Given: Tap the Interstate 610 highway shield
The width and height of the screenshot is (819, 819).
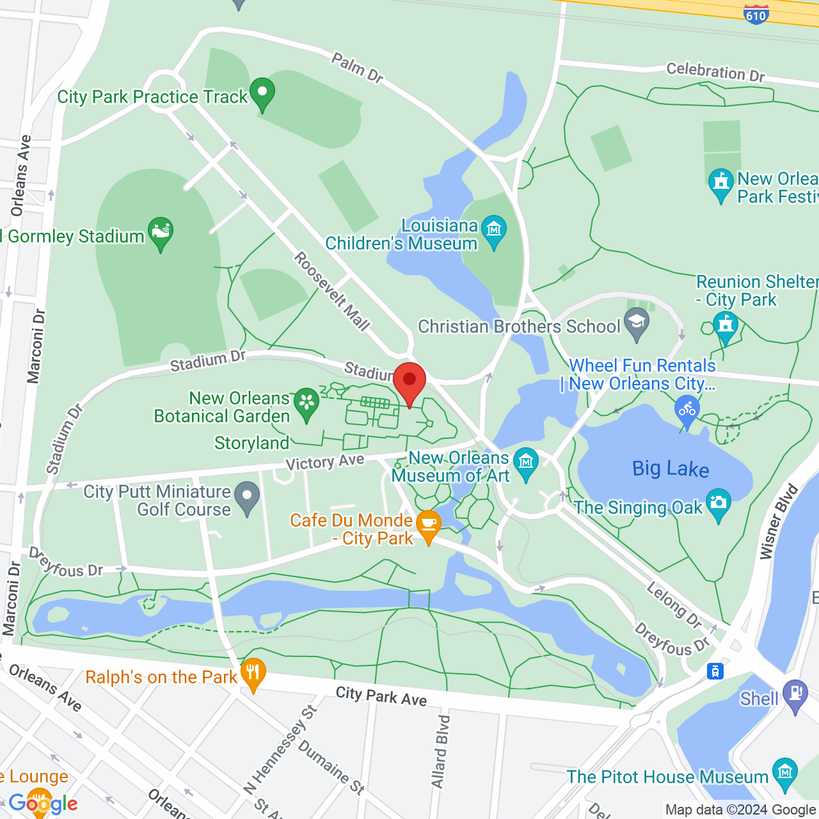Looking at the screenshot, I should [x=756, y=13].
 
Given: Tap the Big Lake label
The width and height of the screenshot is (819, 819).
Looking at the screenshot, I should [x=671, y=469].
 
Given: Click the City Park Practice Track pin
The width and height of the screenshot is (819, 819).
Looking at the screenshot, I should [x=262, y=93].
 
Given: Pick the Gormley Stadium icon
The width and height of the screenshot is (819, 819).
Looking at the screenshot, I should [x=160, y=232].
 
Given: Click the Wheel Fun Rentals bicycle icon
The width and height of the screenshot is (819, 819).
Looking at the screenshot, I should [x=687, y=409].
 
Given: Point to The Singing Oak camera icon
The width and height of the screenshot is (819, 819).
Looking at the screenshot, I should [x=718, y=503].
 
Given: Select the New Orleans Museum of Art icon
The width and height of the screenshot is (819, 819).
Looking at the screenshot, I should [x=526, y=462].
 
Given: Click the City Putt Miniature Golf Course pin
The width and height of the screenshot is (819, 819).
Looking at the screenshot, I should [x=247, y=497].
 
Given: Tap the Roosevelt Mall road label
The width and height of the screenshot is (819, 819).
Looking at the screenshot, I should [x=332, y=291].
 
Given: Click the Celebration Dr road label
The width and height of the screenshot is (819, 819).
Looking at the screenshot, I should [x=715, y=72].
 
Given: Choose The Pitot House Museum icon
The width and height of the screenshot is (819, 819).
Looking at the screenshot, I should [x=784, y=772].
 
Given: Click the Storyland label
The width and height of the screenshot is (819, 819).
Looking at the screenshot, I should [x=252, y=443].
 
